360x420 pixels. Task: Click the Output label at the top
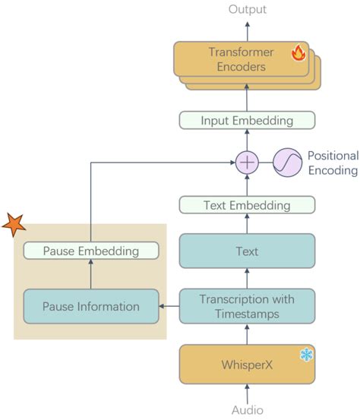click(247, 9)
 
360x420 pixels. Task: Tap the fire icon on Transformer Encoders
click(298, 53)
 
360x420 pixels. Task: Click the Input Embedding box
click(247, 121)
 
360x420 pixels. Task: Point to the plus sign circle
click(247, 162)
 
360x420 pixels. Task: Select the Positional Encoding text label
click(332, 163)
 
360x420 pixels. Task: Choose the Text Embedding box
click(247, 205)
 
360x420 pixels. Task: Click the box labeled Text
click(247, 251)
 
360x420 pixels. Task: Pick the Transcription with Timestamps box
click(247, 306)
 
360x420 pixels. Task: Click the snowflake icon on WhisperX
click(306, 355)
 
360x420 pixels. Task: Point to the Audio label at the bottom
click(247, 410)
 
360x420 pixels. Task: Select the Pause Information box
click(91, 307)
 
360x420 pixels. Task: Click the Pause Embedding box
click(90, 251)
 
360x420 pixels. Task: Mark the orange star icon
click(14, 225)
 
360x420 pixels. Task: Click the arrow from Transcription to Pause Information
click(169, 307)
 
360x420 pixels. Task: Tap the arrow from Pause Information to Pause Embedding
click(90, 274)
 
